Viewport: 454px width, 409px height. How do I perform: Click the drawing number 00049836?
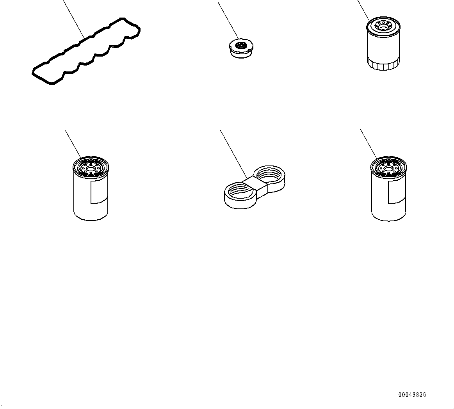point(412,395)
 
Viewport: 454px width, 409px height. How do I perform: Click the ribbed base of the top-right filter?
point(383,65)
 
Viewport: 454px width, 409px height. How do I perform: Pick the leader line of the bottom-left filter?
point(73,143)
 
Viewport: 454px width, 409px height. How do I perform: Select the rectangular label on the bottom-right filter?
point(396,192)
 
